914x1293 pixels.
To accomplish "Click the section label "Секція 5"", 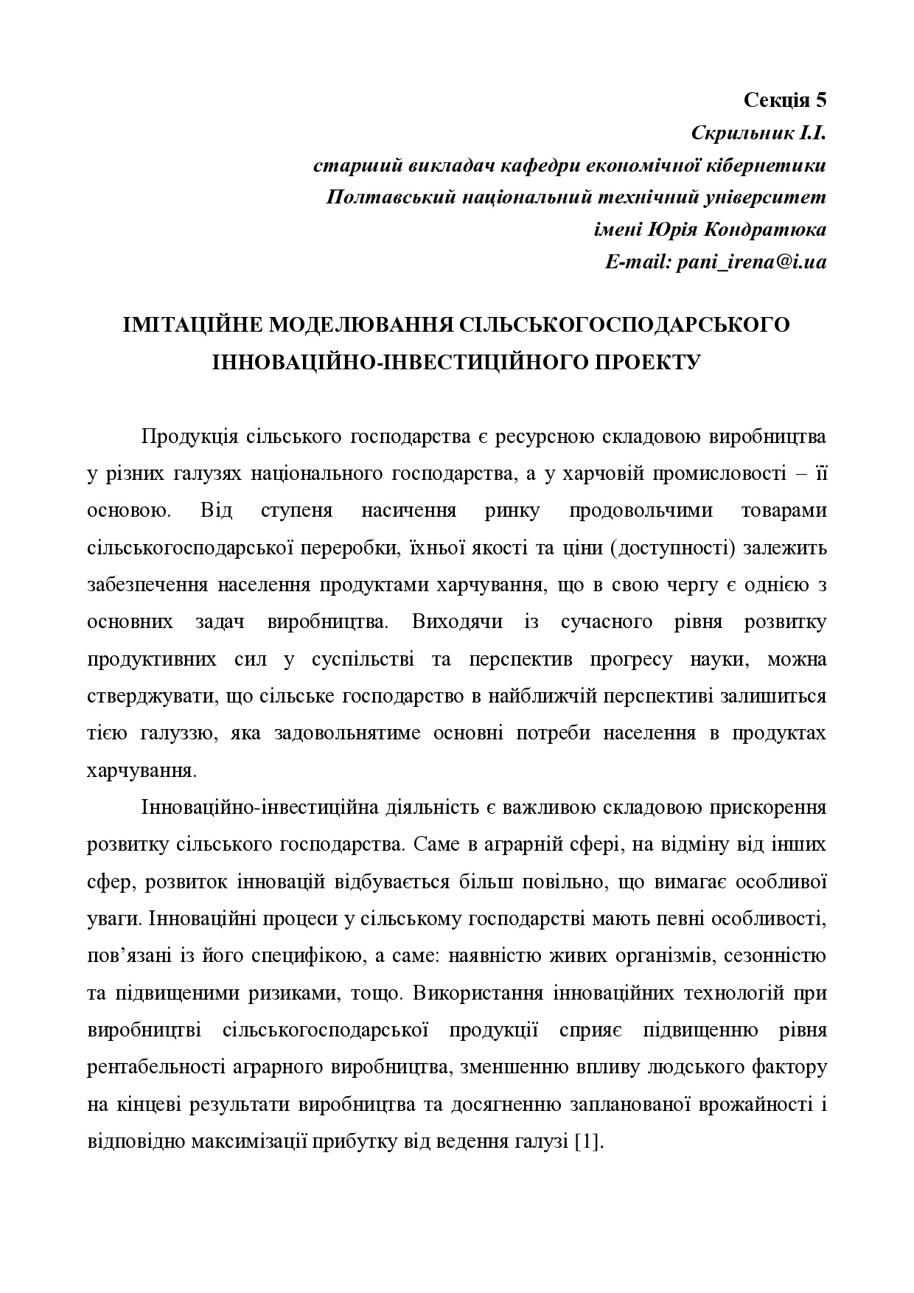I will pos(785,100).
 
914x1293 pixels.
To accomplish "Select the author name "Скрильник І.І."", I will pos(758,133).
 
